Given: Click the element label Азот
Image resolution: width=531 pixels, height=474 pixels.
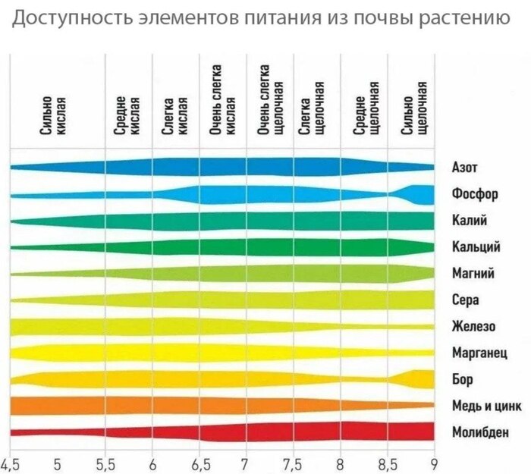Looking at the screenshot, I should click(464, 167).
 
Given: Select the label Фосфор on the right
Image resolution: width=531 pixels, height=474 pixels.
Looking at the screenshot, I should click(474, 193).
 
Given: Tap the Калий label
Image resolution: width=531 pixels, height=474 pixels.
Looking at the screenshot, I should click(468, 220).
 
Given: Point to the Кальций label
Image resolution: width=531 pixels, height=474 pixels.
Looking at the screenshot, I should click(476, 246).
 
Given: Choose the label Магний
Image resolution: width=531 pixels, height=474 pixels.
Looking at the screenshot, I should click(473, 273).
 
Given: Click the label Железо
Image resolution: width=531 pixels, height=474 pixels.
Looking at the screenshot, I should click(473, 326).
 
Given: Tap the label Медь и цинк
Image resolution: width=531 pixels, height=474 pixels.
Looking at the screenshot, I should click(485, 406).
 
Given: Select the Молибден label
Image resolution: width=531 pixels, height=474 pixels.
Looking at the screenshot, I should click(480, 432).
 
